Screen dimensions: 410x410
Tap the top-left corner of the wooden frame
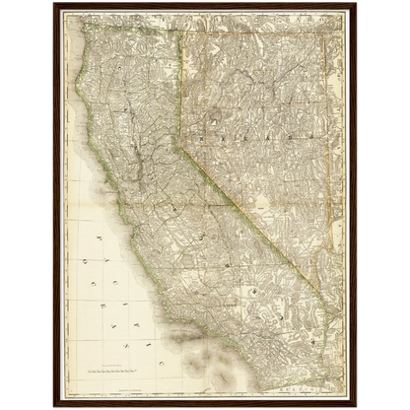click(52, 3)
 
